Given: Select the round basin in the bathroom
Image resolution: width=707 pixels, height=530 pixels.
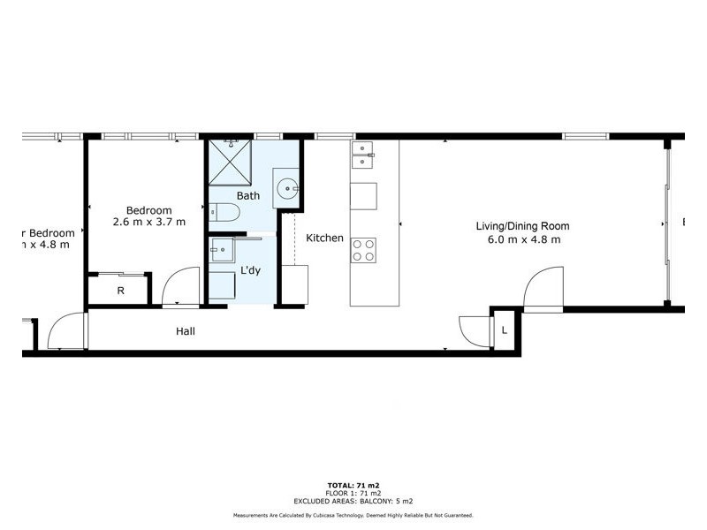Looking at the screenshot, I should pos(287,188).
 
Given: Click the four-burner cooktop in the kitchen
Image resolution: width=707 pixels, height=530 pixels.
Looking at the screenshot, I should pos(363,249).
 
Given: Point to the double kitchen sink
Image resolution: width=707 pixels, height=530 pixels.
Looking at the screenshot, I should pos(363,155).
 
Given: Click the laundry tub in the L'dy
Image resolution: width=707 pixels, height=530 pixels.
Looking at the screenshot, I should pos(221,251).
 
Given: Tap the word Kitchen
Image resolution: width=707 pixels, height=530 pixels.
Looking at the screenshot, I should pos(324,238).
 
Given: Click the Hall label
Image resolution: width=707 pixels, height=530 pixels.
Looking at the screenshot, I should pos(185,331).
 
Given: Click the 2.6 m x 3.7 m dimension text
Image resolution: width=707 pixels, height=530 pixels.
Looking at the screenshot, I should pos(149,223).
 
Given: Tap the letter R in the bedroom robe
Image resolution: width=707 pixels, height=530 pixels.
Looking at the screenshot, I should pos(120,290).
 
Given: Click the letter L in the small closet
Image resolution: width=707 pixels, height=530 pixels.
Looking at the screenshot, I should pos(504,329).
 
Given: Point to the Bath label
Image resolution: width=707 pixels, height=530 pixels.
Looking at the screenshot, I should pos(247,195).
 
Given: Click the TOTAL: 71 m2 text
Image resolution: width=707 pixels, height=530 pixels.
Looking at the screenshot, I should pos(353,486).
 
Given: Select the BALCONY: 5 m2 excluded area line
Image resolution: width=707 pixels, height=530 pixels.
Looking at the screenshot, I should pos(353,500).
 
